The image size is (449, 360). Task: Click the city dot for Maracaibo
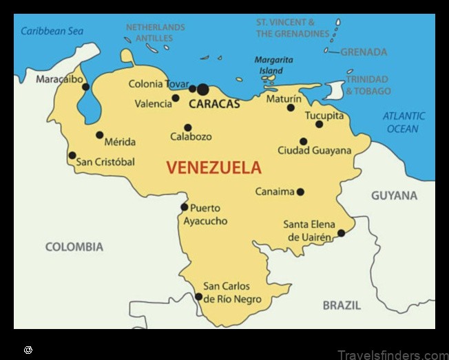[x=85, y=87]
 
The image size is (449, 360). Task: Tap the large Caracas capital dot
[x=202, y=89]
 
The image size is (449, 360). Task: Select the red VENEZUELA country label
[x=214, y=167]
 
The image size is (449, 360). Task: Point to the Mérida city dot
[x=100, y=135]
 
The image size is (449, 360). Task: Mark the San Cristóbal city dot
[x=72, y=156]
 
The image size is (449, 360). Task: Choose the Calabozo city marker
[x=187, y=127]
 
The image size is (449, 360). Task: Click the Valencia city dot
[x=176, y=98]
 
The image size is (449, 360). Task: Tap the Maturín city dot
[x=291, y=107]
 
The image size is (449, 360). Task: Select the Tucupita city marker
[x=319, y=124]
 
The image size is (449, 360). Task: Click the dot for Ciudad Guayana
[x=303, y=141]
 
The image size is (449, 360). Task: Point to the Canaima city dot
[x=300, y=192]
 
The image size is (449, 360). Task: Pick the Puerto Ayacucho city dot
[x=184, y=207]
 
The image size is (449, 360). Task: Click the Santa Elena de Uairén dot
[x=341, y=233]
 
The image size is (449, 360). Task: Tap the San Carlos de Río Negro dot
[x=199, y=297]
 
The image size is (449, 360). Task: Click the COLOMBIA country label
[x=74, y=246]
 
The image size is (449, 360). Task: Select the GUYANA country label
[x=394, y=195]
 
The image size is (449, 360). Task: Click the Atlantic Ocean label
[x=404, y=123]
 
